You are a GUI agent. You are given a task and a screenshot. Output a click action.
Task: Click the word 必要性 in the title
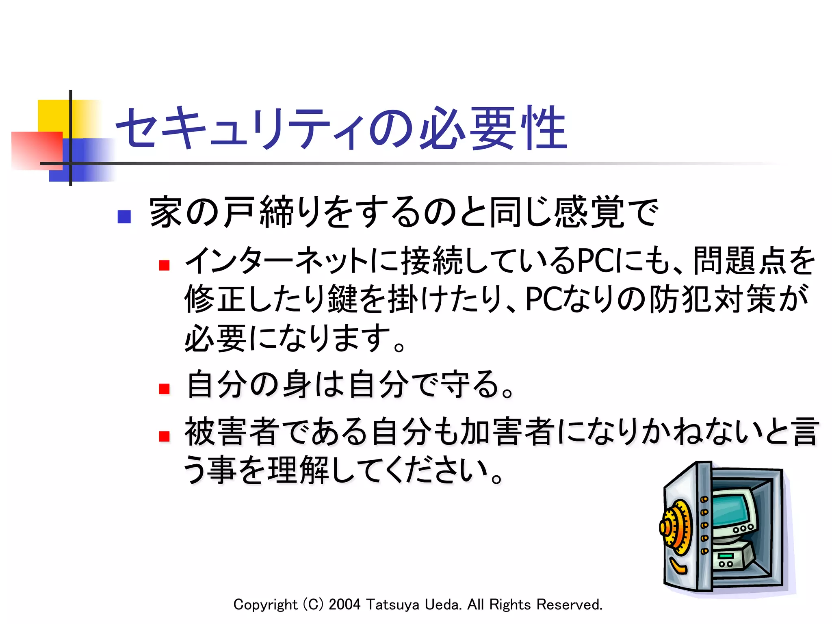coord(492,128)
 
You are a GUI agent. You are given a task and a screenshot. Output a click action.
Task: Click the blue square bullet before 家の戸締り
coord(124,217)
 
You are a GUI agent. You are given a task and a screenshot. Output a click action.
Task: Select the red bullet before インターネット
coord(164,265)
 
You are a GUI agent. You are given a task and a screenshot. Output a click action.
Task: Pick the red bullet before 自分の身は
coord(164,389)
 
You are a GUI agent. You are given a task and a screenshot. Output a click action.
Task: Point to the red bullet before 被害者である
coord(164,436)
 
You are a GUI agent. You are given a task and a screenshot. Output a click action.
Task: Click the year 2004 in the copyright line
coord(344,604)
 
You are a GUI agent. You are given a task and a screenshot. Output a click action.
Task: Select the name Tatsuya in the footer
coord(392,604)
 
